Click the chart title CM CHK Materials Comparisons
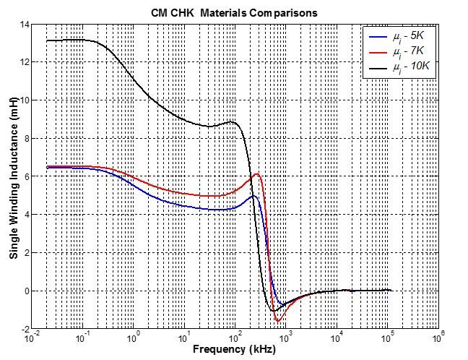pyautogui.click(x=234, y=13)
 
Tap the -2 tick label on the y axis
pyautogui.click(x=23, y=329)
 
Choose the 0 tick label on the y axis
pyautogui.click(x=25, y=291)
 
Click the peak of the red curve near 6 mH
pyautogui.click(x=256, y=174)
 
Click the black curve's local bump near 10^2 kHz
pyautogui.click(x=232, y=122)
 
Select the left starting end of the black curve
pyautogui.click(x=47, y=40)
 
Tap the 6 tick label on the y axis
pyautogui.click(x=25, y=176)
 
